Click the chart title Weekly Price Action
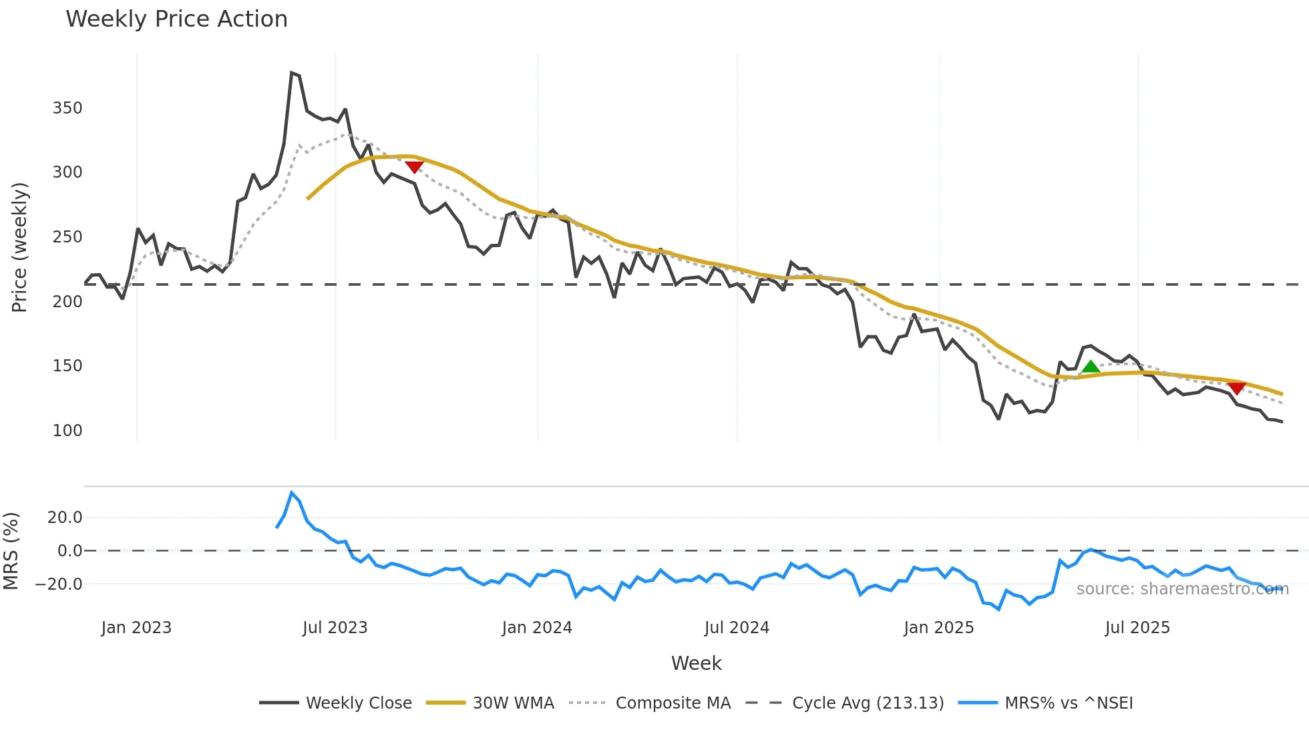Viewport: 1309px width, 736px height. click(176, 19)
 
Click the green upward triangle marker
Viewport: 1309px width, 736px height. click(1091, 367)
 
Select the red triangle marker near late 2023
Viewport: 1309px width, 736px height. click(414, 167)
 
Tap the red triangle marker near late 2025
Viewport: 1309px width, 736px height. click(1236, 388)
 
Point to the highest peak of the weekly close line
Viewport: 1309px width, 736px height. click(292, 73)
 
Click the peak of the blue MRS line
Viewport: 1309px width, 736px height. click(291, 493)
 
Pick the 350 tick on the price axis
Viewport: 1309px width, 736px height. click(67, 108)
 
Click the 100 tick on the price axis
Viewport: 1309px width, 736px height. click(67, 431)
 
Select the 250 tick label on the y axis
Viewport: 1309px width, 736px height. click(67, 237)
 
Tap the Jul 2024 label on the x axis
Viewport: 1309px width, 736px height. click(737, 628)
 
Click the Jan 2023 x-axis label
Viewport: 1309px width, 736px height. click(136, 628)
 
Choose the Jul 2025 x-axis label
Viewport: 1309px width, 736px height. click(1137, 628)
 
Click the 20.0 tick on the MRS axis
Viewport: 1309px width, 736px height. click(65, 518)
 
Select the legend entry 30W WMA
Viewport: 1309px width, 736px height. click(513, 703)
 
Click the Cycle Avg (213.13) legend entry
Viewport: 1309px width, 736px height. click(868, 703)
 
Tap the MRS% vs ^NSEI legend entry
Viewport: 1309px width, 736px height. click(1069, 703)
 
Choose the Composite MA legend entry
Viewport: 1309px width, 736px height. click(673, 703)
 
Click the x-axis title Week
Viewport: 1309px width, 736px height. click(696, 663)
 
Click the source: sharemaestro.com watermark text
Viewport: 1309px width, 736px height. click(1182, 589)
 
